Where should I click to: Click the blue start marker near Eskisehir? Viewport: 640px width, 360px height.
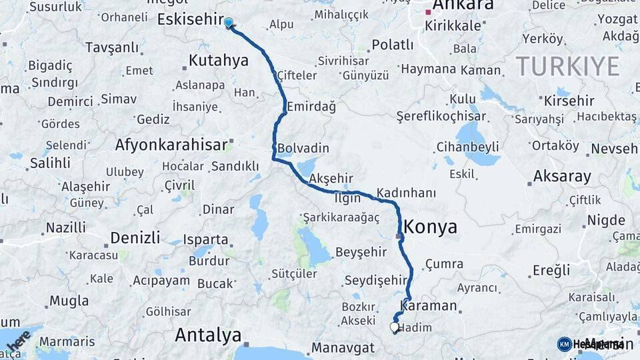tap(229, 23)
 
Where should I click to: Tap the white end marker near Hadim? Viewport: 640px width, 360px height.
tap(394, 327)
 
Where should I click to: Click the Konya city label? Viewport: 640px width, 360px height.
tap(431, 227)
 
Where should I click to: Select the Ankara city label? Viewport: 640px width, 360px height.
tap(463, 5)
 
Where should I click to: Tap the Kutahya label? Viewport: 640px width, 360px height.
tap(218, 61)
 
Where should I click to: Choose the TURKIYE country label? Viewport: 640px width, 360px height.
tap(567, 67)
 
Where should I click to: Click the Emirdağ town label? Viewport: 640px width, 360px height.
tap(311, 107)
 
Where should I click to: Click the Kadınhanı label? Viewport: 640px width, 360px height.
tap(406, 193)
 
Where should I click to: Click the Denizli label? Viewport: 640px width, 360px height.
tap(135, 238)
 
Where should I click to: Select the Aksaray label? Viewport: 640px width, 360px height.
tap(562, 177)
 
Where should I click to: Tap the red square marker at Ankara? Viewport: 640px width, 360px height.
tap(429, 11)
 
